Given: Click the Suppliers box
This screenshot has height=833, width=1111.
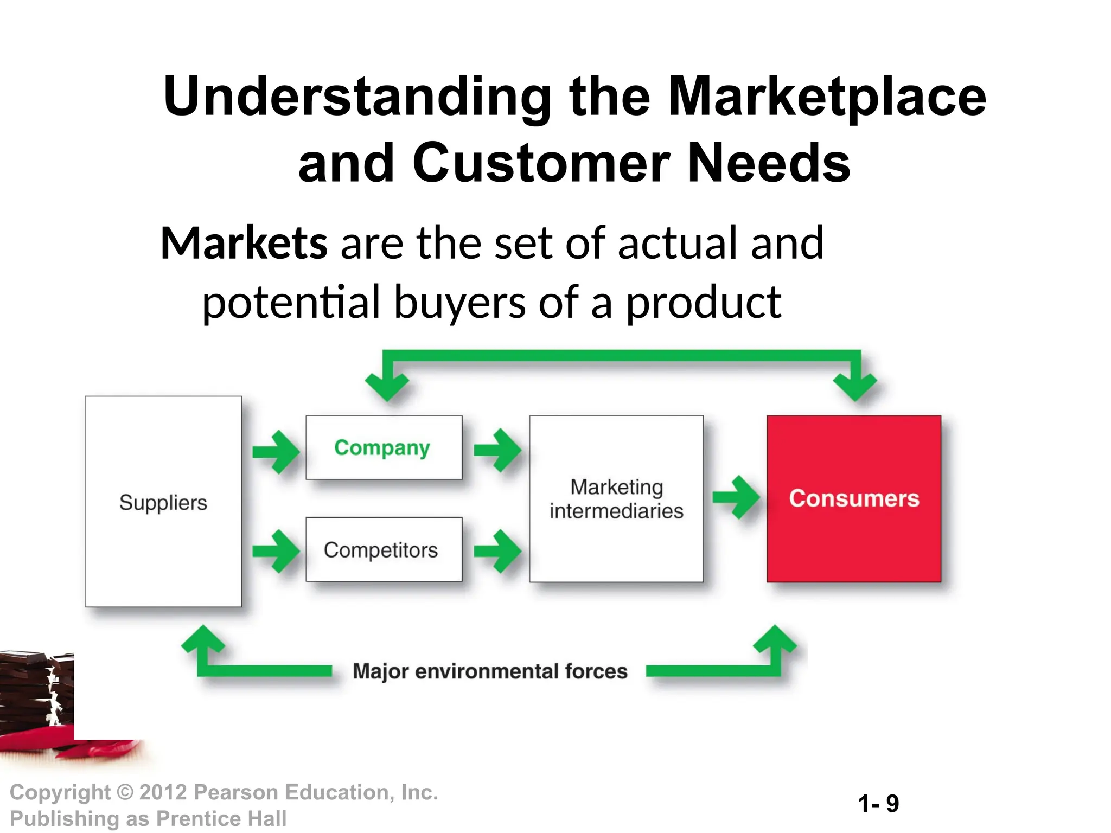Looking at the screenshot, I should [163, 502].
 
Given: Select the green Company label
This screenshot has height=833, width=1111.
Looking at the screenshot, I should [382, 448].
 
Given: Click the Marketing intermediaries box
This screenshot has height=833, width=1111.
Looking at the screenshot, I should [616, 499].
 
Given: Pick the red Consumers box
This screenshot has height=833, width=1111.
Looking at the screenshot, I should [854, 498].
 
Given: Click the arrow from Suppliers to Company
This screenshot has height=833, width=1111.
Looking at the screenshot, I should [276, 451].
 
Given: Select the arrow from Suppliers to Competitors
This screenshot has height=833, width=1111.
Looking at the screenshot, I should [276, 551].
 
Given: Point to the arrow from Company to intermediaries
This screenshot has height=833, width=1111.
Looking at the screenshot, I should [497, 450].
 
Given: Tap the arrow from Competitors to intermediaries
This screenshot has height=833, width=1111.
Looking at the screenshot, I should [497, 551].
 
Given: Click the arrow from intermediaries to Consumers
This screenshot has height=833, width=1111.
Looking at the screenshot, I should [736, 497].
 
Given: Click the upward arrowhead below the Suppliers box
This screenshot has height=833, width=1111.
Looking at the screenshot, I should [203, 640].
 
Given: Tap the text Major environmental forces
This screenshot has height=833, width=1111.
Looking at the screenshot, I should [490, 671].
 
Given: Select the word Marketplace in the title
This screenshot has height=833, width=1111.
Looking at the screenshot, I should [827, 97].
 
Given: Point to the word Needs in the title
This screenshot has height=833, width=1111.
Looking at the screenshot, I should [769, 163].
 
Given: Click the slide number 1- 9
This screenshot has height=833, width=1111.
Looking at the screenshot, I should [878, 803].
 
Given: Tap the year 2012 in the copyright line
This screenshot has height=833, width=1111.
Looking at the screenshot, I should [163, 792].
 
